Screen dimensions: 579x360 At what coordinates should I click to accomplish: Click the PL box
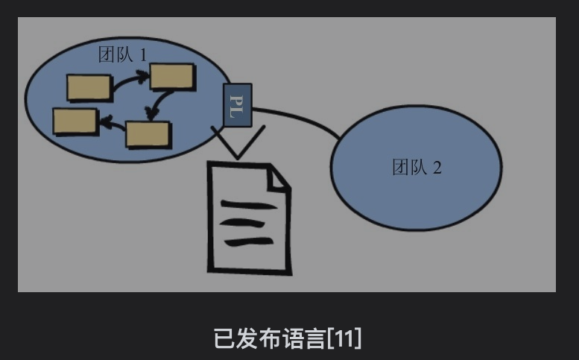tap(238, 105)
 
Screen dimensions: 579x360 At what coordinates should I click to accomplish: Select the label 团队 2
tap(417, 167)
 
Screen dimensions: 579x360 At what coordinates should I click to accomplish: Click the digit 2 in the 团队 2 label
tap(437, 167)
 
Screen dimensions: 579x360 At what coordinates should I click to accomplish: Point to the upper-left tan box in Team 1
tap(89, 86)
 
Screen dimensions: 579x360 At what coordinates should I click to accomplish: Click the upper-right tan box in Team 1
tap(172, 76)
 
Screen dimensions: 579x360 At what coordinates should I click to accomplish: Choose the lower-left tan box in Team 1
tap(75, 121)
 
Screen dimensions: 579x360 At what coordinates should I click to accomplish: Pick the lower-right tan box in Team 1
tap(148, 133)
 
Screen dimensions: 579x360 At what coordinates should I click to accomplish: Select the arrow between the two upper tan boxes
tap(130, 80)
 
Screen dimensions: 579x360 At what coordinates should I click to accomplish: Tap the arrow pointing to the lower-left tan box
tap(112, 124)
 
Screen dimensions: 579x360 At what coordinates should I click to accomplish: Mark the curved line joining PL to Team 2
tap(298, 119)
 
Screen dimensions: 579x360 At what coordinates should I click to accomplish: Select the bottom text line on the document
tap(248, 241)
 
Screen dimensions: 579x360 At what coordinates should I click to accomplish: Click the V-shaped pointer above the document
tap(238, 143)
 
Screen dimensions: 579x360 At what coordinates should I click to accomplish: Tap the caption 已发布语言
tap(270, 338)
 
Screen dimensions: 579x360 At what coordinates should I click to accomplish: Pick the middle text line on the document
tap(246, 222)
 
